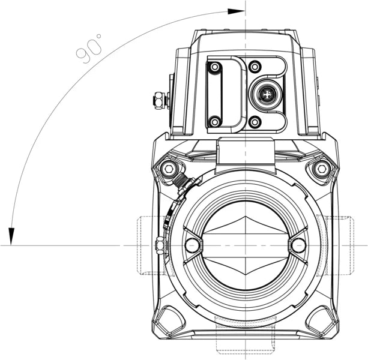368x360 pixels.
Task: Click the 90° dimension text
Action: coord(89,48)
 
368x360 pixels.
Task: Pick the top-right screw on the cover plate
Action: coord(255,66)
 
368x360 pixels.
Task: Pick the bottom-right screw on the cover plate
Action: coord(255,122)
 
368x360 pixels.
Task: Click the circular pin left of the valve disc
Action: coord(192,245)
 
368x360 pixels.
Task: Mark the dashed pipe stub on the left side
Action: coord(147,245)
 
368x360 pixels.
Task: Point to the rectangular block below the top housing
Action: coord(245,151)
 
